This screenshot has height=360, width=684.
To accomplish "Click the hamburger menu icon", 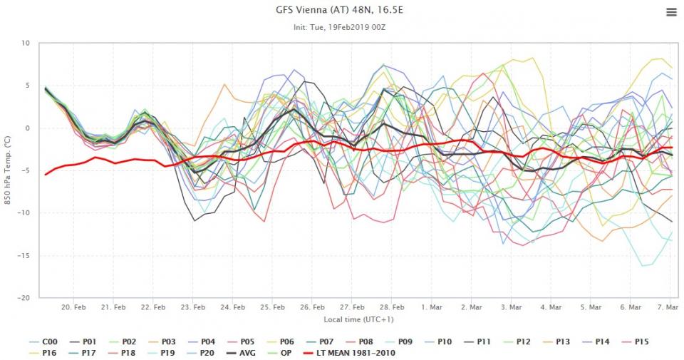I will pos(670,12).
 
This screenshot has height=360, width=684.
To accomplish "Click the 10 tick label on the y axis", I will pos(26,43).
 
